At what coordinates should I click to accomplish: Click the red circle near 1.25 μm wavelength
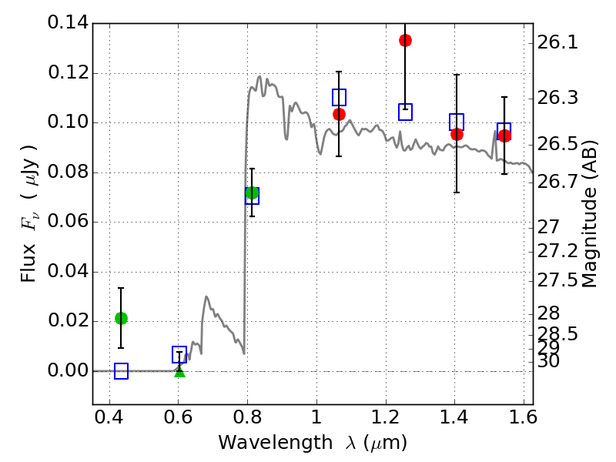(x=406, y=41)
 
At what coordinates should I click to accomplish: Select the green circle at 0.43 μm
(x=122, y=318)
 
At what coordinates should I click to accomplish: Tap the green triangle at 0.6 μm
(x=179, y=371)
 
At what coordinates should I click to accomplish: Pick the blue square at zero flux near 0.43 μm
(x=122, y=371)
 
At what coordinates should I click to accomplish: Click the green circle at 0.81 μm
(x=253, y=193)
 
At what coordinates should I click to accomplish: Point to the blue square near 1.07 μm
(x=339, y=97)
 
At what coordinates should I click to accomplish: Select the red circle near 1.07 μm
(x=339, y=114)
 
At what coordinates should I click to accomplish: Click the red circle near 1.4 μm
(x=457, y=134)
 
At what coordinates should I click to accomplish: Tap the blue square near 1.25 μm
(x=406, y=112)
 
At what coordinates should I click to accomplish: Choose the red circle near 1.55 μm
(x=504, y=136)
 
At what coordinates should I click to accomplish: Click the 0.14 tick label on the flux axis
(x=69, y=22)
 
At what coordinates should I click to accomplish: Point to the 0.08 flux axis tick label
(x=69, y=172)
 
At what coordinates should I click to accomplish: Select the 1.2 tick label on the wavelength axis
(x=386, y=417)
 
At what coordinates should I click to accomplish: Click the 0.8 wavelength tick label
(x=247, y=417)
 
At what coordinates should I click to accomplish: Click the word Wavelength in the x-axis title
(x=276, y=443)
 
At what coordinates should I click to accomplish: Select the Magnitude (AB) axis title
(x=589, y=214)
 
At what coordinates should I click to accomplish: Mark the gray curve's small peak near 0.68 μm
(x=206, y=296)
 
